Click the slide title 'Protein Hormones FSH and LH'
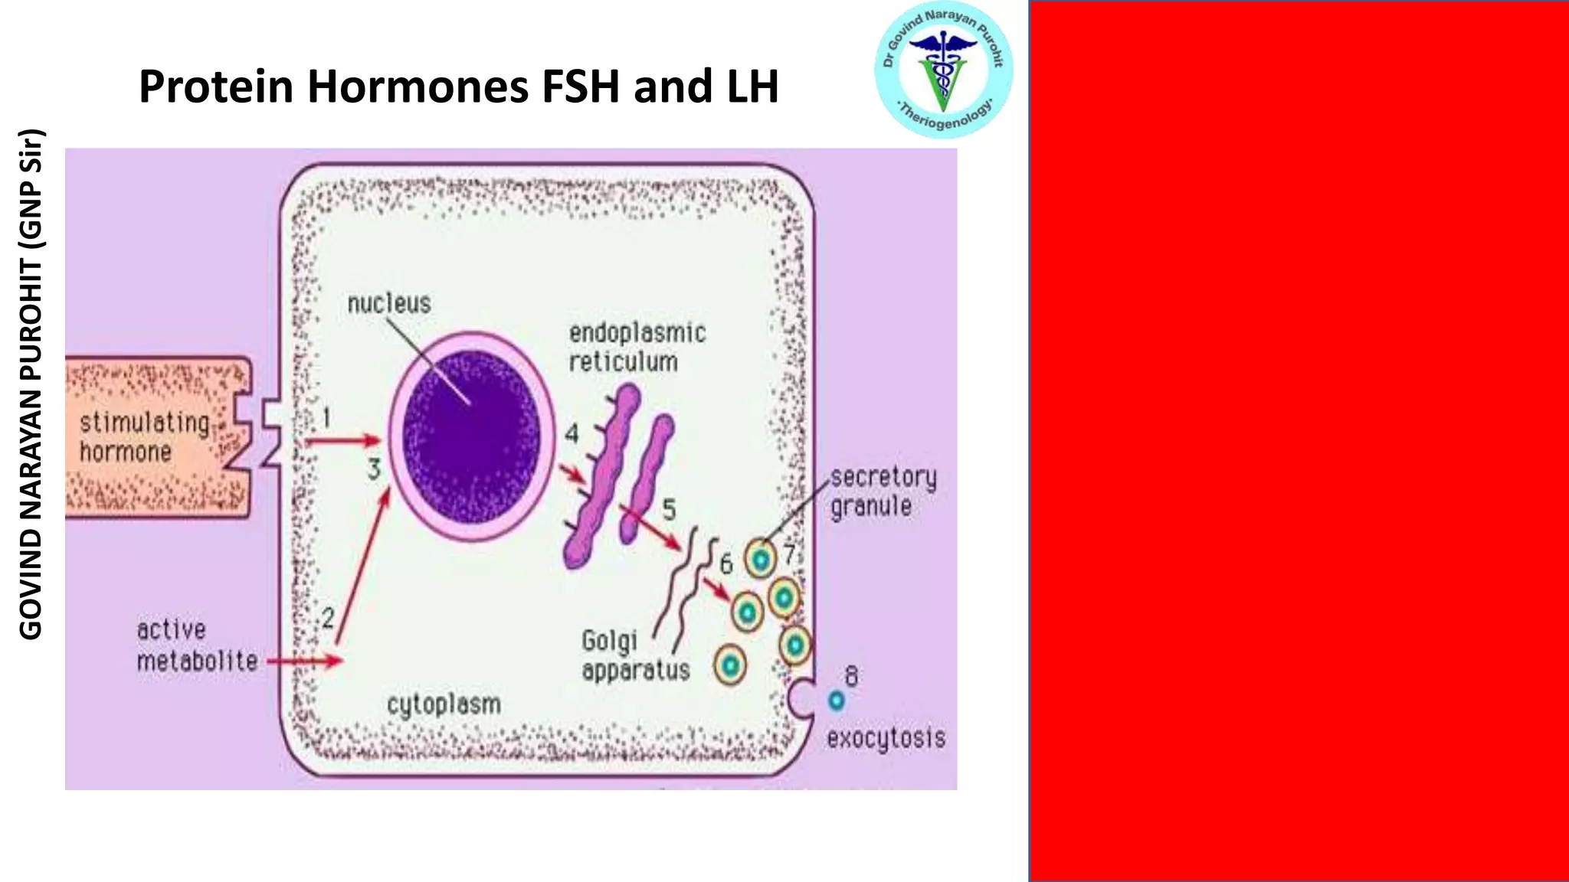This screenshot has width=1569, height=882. pyautogui.click(x=458, y=86)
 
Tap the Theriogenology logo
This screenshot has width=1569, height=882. pyautogui.click(x=943, y=70)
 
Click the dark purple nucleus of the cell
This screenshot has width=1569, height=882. pyautogui.click(x=471, y=436)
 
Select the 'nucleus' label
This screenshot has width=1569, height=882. pyautogui.click(x=389, y=303)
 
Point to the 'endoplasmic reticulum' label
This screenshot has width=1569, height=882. pyautogui.click(x=637, y=347)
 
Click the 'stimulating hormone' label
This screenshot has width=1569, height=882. pyautogui.click(x=144, y=436)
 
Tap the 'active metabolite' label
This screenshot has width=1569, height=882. pyautogui.click(x=196, y=645)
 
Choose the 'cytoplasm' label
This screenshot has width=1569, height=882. pyautogui.click(x=444, y=704)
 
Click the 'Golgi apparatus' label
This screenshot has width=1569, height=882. pyautogui.click(x=634, y=655)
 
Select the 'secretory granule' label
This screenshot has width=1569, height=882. pyautogui.click(x=883, y=492)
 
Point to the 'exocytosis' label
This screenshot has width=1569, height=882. pyautogui.click(x=886, y=738)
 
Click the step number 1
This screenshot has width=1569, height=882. pyautogui.click(x=327, y=417)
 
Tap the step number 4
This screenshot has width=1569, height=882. pyautogui.click(x=572, y=434)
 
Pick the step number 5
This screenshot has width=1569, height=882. pyautogui.click(x=669, y=510)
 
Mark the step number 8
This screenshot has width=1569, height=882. pyautogui.click(x=851, y=676)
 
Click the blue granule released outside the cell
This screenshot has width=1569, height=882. pyautogui.click(x=836, y=700)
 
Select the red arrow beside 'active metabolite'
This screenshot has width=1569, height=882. pyautogui.click(x=304, y=660)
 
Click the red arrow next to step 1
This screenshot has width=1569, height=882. pyautogui.click(x=342, y=441)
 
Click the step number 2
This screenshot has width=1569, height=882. pyautogui.click(x=328, y=617)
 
